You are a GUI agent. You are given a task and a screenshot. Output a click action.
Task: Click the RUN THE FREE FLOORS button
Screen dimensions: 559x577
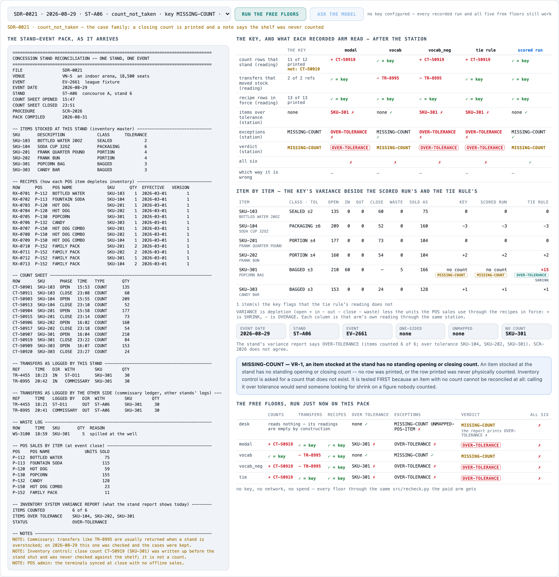coord(270,14)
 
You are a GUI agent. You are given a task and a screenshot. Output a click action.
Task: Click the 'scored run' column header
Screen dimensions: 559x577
coord(530,50)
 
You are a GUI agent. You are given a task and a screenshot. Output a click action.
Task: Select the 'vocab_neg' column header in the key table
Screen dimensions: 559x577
coord(439,50)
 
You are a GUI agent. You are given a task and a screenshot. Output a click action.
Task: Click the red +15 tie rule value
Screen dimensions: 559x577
coord(545,270)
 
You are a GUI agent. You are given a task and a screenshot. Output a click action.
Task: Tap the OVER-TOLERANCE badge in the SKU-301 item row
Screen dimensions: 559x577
coord(531,275)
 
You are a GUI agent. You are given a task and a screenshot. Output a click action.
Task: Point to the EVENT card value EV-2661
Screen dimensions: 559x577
coord(356,334)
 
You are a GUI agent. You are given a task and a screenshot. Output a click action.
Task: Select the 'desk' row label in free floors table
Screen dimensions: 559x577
coord(244,424)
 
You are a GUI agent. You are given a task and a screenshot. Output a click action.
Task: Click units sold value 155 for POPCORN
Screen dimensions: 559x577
coord(106,475)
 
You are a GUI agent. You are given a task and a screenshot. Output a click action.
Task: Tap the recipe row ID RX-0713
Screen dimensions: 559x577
coord(21,264)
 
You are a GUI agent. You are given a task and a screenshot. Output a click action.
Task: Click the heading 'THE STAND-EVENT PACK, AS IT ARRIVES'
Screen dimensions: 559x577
coord(63,39)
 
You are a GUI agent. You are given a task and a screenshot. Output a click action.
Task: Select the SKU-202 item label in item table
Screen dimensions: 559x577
coord(248,255)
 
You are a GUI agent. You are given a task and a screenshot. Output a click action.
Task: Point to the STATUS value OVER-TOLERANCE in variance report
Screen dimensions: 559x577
coord(90,522)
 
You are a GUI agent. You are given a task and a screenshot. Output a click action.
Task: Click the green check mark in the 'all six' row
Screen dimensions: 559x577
coord(530,162)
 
